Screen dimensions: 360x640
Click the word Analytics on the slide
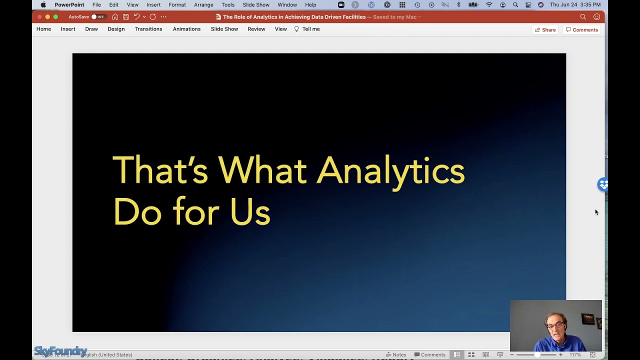(390, 170)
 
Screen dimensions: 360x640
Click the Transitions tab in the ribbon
(148, 29)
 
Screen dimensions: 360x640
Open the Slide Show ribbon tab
(224, 29)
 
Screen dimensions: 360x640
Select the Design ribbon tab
(116, 29)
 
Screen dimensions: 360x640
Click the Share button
(545, 30)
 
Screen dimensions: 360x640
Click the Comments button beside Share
(582, 30)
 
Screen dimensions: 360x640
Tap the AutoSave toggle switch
(97, 17)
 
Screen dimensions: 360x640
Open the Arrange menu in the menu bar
(203, 5)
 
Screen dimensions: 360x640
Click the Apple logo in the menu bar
(43, 5)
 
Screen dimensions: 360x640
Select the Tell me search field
(310, 29)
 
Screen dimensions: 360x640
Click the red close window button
(39, 17)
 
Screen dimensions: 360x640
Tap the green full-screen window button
(55, 17)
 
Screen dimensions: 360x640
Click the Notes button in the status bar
(396, 354)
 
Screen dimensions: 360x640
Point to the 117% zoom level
(575, 354)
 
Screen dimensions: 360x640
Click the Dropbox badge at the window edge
(603, 184)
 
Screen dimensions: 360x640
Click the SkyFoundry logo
(60, 351)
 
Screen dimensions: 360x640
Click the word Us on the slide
(250, 211)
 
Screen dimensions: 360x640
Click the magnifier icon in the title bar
(583, 17)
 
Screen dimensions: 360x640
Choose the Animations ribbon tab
(186, 29)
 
